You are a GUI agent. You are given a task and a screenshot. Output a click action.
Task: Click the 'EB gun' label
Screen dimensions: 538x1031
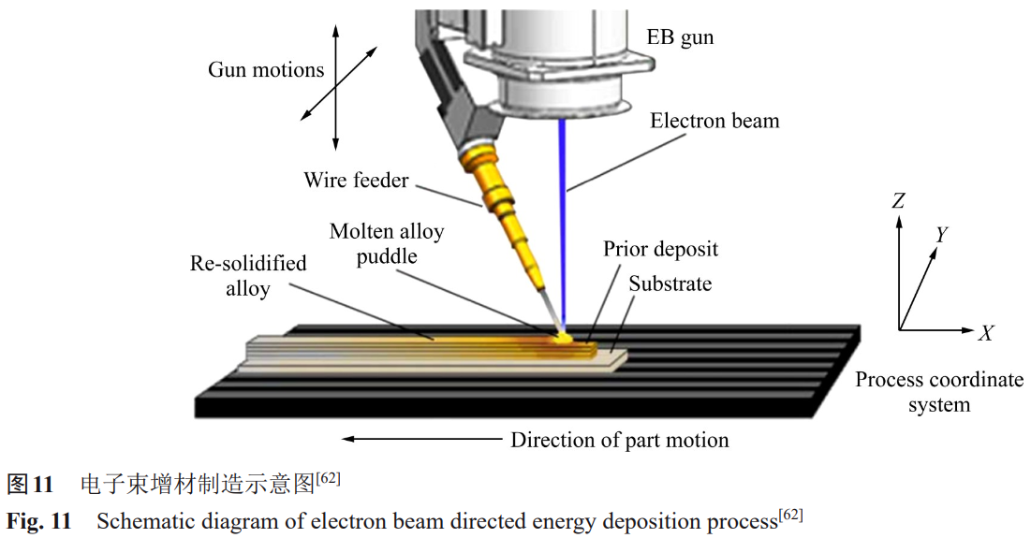pos(681,38)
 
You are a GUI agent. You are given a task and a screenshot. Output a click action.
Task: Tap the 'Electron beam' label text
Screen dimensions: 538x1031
pos(714,122)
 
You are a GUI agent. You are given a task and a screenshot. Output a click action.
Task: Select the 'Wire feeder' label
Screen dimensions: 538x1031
pos(356,180)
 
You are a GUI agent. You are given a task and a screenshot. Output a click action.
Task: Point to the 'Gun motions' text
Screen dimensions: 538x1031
pos(266,70)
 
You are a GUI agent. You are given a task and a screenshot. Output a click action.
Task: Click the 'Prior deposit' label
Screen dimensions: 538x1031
pos(660,249)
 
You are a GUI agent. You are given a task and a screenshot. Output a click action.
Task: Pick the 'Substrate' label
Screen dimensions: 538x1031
pos(670,284)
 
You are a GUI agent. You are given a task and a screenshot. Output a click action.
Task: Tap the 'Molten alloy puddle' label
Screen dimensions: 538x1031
pos(387,243)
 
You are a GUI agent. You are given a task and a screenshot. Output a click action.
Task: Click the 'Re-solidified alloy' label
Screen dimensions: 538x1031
pos(248,276)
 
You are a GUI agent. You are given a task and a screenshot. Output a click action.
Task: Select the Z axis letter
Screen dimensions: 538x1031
pos(898,200)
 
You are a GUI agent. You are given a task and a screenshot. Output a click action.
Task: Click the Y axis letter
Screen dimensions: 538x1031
pos(942,234)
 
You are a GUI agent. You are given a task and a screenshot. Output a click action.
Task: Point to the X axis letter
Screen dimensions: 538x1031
pos(985,333)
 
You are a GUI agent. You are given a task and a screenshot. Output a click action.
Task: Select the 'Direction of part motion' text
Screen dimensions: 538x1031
pos(619,440)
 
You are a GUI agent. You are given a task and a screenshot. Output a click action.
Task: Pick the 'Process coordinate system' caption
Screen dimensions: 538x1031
pos(939,392)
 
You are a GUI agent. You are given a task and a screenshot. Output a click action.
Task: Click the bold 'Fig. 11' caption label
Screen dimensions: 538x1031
pos(38,521)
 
